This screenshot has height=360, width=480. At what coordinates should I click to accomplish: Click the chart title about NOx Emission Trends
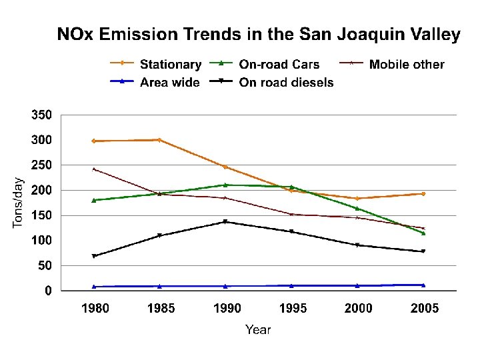point(258,35)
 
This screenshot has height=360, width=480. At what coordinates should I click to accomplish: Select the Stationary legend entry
point(170,65)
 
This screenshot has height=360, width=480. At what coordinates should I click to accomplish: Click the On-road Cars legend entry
point(279,65)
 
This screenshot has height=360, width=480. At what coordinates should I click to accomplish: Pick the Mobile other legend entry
point(406,65)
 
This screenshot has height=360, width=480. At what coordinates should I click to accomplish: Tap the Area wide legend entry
point(169,83)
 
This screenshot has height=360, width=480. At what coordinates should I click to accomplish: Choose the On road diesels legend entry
point(286,83)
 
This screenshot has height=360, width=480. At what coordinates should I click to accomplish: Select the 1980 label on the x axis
point(95,308)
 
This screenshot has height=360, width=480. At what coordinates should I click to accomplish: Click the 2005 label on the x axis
point(424,308)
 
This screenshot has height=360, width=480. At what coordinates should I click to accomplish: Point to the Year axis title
point(257,329)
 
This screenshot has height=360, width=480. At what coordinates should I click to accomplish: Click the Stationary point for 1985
point(159,140)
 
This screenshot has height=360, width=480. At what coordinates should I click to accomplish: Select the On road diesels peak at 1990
point(225,221)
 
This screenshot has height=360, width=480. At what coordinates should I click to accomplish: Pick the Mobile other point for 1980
point(94,169)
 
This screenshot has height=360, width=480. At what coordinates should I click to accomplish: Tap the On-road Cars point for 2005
point(423,233)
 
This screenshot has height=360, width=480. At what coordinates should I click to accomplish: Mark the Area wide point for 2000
point(357,285)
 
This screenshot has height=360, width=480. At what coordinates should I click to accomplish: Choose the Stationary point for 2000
point(357,199)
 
